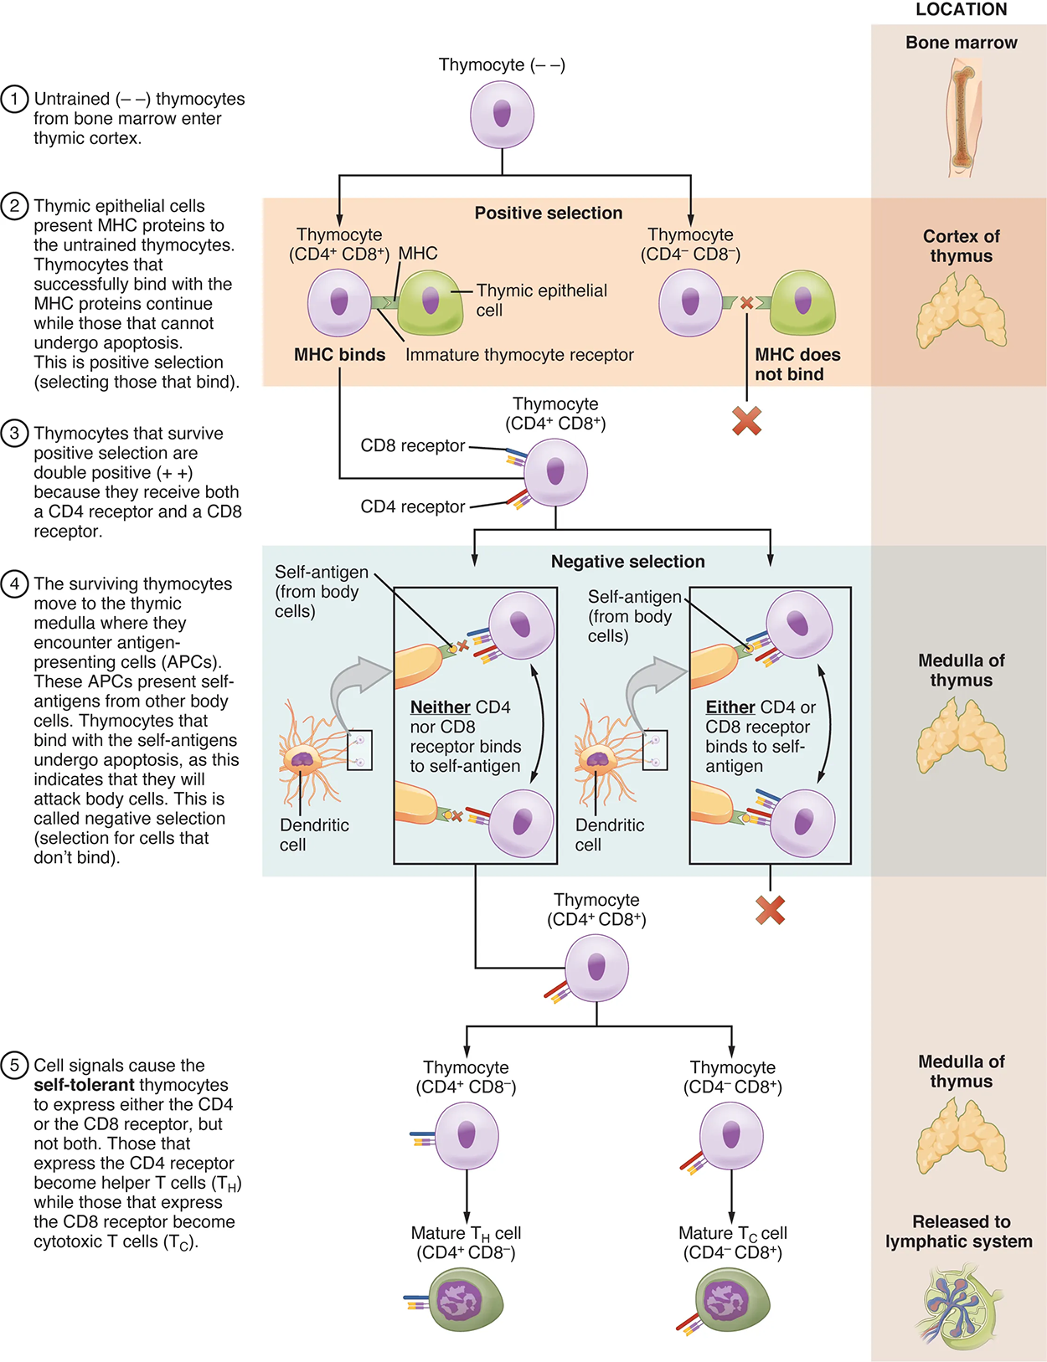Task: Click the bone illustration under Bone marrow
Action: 962,117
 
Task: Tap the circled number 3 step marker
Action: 14,434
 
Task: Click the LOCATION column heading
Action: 961,10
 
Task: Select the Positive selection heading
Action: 548,213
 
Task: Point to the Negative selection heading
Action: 627,562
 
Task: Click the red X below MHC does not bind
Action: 746,421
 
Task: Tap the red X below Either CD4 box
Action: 770,910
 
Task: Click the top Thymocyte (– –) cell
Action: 502,116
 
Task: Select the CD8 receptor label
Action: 412,446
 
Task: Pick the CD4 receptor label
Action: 412,507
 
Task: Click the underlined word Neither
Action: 440,707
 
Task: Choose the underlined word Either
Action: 730,707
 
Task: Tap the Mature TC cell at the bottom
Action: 732,1300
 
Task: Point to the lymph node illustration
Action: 962,1306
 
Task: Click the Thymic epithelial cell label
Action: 541,300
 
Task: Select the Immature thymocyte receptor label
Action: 519,355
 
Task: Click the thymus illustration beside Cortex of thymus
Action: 962,311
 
